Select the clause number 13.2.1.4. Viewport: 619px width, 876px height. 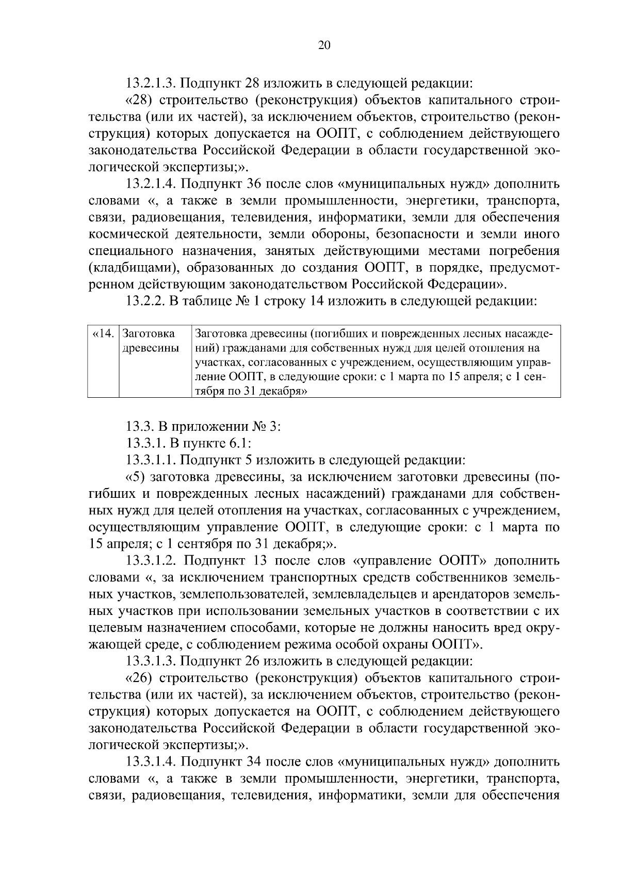click(151, 184)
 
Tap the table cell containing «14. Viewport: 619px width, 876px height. click(103, 334)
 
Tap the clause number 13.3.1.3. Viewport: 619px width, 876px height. click(151, 662)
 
